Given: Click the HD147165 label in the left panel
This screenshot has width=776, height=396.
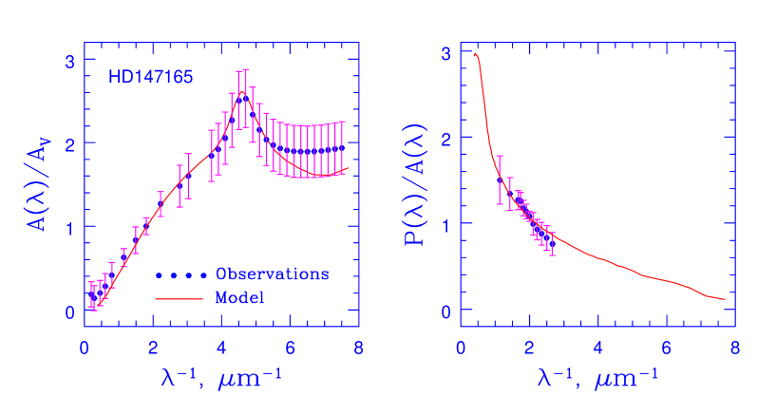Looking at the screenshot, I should [151, 77].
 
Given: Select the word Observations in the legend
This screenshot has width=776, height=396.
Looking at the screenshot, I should [272, 274].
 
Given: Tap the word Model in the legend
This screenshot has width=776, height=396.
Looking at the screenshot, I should [239, 297].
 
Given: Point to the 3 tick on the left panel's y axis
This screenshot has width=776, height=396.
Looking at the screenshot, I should [68, 61].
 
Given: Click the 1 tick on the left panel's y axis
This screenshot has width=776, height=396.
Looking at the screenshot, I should [68, 228].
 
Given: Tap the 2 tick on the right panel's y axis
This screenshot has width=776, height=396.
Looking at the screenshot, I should [445, 139].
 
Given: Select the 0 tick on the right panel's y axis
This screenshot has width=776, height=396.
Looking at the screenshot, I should [445, 311].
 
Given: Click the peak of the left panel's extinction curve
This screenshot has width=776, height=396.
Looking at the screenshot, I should [243, 93].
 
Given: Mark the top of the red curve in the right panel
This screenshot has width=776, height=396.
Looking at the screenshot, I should [475, 54].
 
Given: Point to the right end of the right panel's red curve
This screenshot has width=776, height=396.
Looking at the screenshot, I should [725, 299].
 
